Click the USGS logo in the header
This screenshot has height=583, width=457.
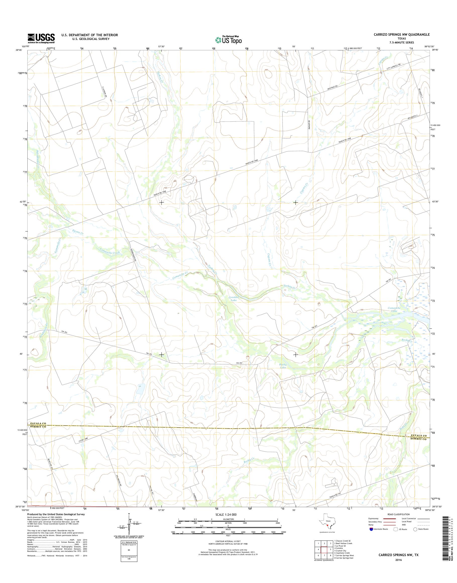(41, 38)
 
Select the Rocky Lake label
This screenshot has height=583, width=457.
(283, 366)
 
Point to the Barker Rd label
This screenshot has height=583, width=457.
(309, 125)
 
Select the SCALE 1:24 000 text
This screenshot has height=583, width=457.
(226, 515)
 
